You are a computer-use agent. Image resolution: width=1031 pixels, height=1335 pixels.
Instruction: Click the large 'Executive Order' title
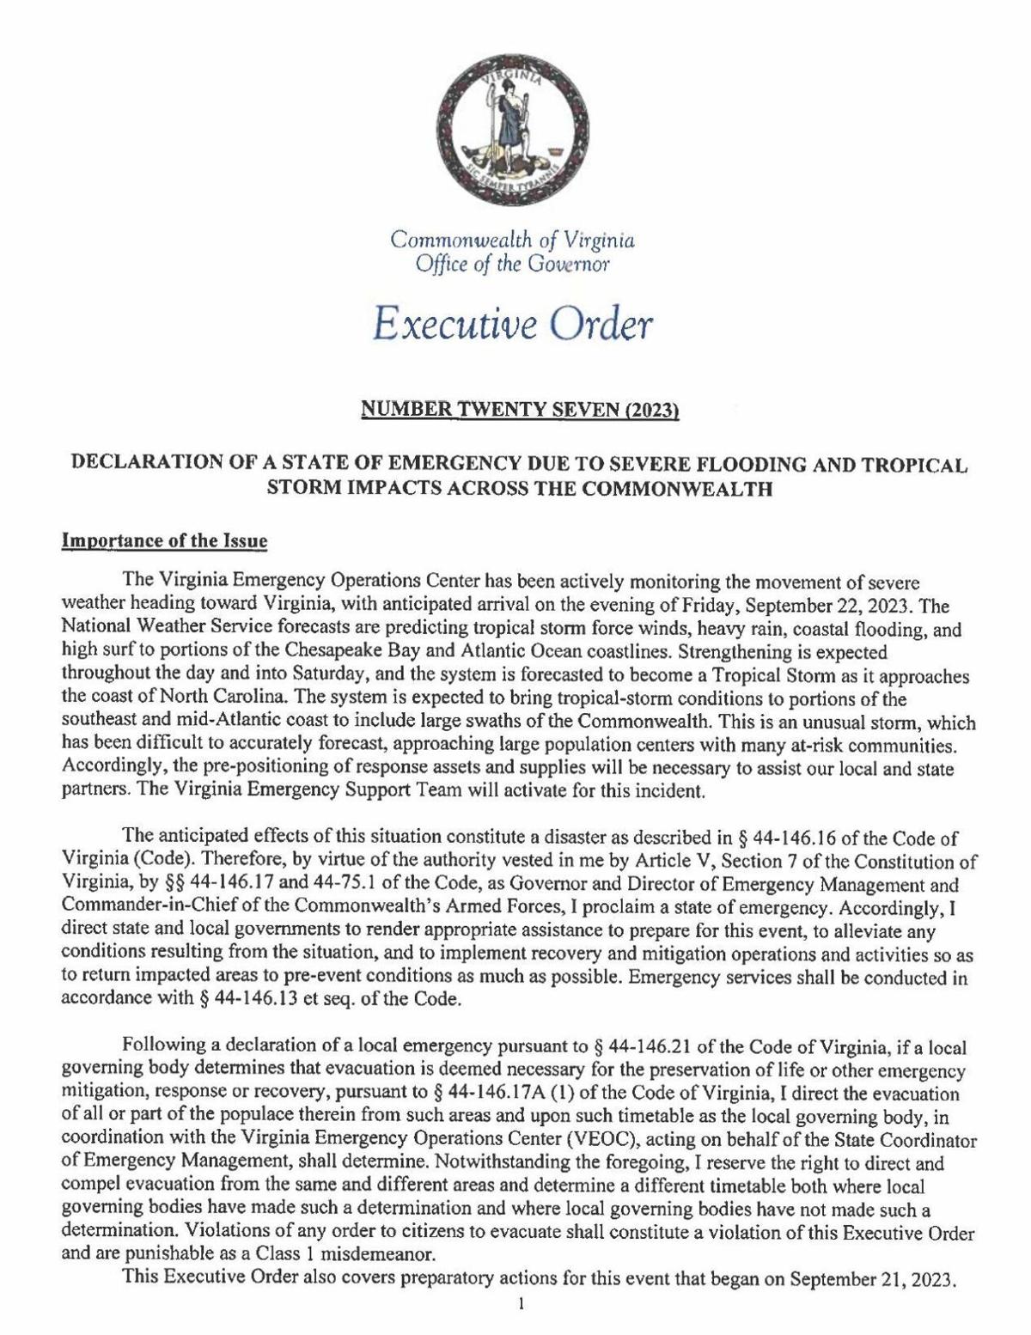tap(514, 325)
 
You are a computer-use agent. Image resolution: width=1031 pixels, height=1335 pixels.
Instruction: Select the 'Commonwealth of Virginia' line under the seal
tap(513, 240)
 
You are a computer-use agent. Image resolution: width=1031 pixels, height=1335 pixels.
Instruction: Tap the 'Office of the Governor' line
tap(513, 264)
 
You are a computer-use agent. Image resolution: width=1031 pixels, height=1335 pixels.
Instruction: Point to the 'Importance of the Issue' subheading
tap(165, 541)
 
